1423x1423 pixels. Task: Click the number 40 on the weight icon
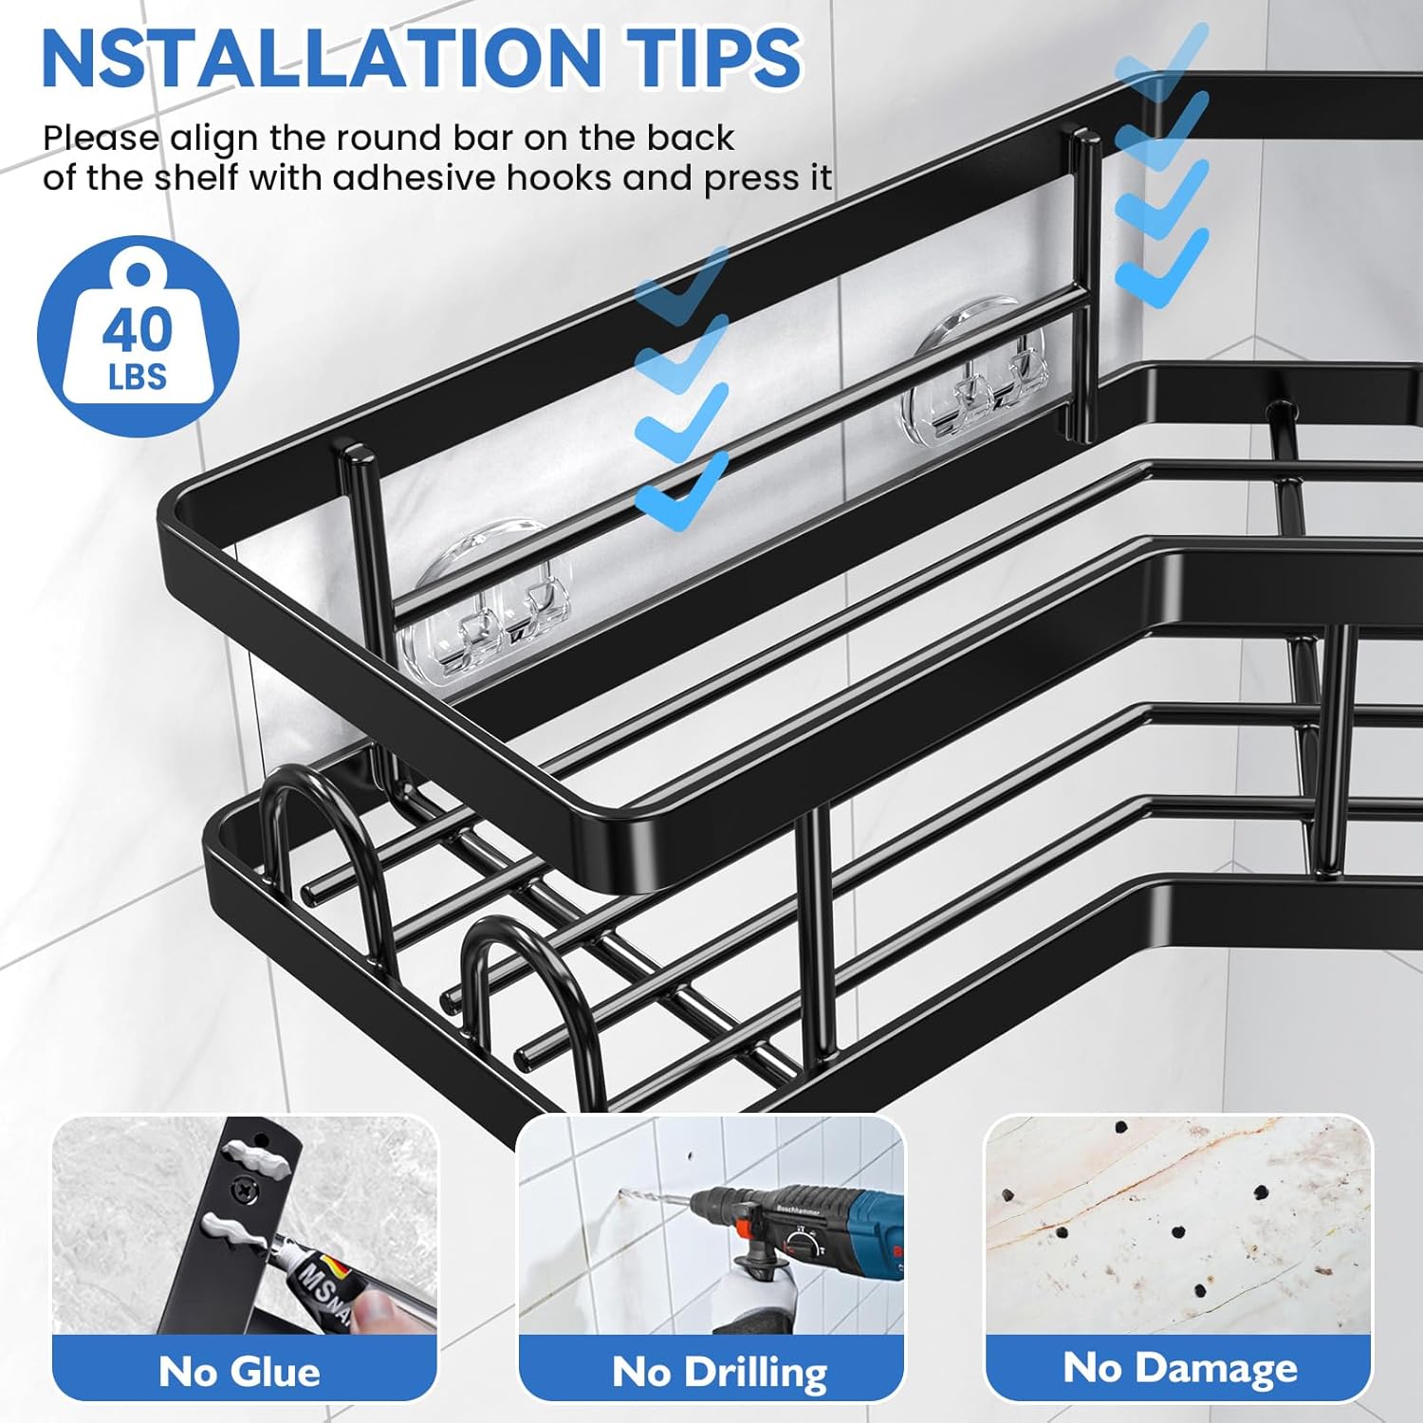(138, 329)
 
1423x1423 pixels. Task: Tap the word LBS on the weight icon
(138, 378)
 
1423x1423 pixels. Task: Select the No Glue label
(239, 1372)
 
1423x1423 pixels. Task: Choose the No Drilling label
(720, 1372)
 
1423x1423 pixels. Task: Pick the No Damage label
(1180, 1368)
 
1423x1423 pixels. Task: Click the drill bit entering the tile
(656, 1204)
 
